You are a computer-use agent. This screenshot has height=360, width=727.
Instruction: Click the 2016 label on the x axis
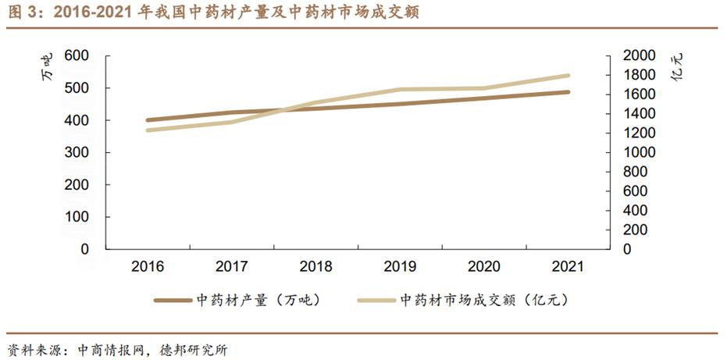(x=148, y=267)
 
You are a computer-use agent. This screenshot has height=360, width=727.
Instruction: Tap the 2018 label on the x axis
(x=315, y=267)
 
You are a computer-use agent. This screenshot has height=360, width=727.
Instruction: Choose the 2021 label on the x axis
(x=568, y=267)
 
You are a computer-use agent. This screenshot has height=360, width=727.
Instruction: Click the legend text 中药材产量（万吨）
(x=257, y=300)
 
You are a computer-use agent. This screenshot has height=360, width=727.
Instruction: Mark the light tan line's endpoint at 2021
(x=568, y=76)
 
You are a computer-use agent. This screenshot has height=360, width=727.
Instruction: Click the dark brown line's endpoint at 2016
(x=148, y=120)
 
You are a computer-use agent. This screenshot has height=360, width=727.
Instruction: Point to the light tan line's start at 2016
(x=148, y=130)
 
